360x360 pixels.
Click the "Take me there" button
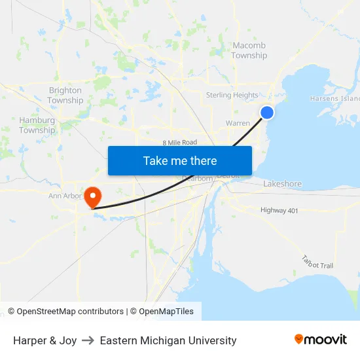[180, 160]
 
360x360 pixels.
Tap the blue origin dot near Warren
[267, 113]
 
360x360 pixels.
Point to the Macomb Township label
[249, 50]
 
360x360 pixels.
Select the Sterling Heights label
[232, 95]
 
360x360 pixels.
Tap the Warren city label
[238, 123]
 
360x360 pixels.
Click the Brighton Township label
[65, 96]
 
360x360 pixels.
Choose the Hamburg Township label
[37, 125]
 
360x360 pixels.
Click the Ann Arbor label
[64, 196]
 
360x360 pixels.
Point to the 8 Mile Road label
[180, 142]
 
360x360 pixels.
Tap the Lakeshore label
[282, 184]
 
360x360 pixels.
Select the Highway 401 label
[279, 210]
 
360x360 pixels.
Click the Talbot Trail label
[318, 262]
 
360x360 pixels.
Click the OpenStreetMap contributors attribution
[65, 312]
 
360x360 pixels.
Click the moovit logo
[321, 340]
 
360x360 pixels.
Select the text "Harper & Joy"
[45, 340]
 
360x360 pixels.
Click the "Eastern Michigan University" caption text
[168, 340]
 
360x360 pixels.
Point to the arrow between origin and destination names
[88, 340]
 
